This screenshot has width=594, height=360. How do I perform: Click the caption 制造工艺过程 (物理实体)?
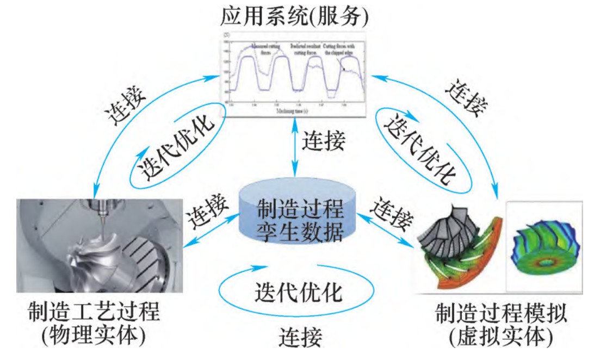[94, 325]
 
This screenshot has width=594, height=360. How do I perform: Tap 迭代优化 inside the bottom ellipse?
[299, 294]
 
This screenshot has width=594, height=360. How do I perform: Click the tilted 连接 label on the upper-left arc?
[125, 102]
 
